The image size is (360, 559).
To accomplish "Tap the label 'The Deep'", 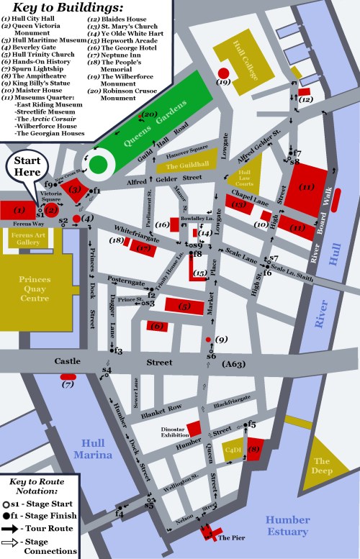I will tap(321, 466).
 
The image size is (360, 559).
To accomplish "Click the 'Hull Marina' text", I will tap(96, 449).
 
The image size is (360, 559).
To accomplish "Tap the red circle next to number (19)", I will tap(223, 73).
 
